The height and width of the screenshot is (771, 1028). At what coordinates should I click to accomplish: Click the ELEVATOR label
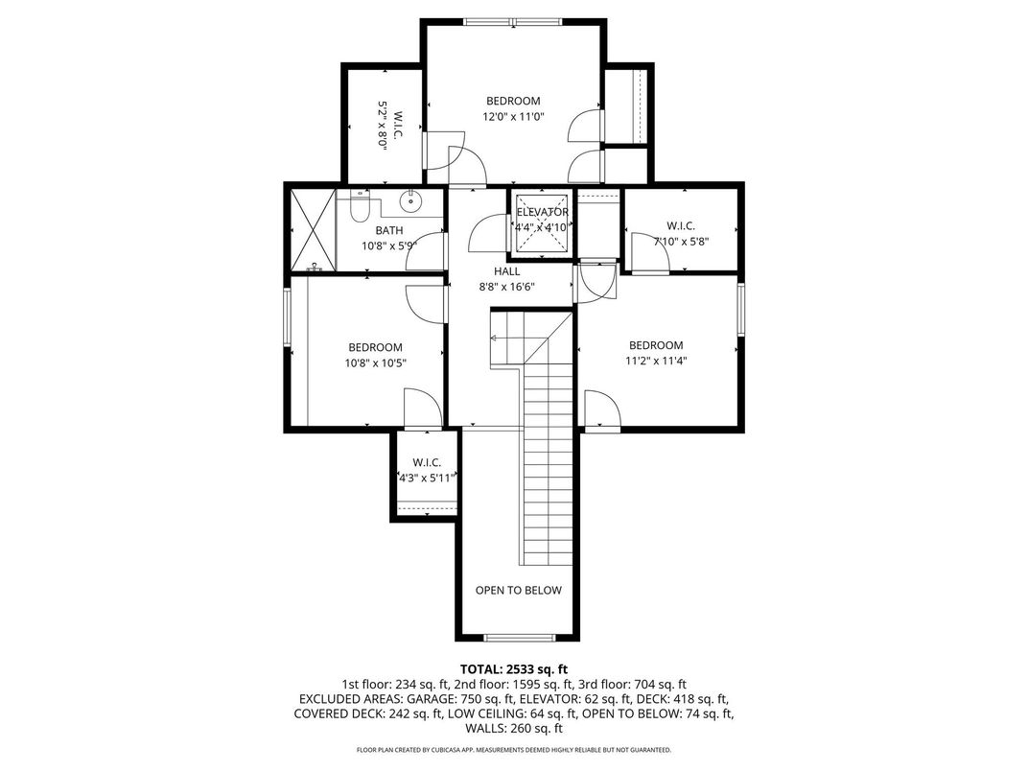pos(543,212)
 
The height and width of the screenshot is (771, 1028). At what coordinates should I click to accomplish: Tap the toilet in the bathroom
pos(360,206)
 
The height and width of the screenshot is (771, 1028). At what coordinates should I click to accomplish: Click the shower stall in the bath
pos(310,230)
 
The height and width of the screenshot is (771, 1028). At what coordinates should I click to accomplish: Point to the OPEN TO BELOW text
pos(518,590)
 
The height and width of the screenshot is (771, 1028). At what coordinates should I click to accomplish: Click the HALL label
pos(506,271)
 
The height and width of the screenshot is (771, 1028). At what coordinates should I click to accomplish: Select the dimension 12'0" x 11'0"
pos(513,117)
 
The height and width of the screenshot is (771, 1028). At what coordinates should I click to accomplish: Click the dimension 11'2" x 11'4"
pos(656,362)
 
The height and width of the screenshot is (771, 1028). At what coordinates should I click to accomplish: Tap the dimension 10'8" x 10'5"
pos(375,363)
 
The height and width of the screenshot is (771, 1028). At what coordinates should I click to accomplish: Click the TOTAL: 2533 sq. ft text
pos(514,668)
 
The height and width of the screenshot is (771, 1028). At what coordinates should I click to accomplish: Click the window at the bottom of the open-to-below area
pos(518,638)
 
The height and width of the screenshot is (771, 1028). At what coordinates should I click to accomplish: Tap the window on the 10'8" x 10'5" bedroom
pos(286,317)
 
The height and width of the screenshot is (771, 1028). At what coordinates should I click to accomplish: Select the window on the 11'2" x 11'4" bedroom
pos(740,307)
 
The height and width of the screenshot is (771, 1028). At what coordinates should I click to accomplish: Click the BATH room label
pos(388,230)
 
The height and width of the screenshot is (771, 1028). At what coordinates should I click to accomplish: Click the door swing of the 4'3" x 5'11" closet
pos(420,408)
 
